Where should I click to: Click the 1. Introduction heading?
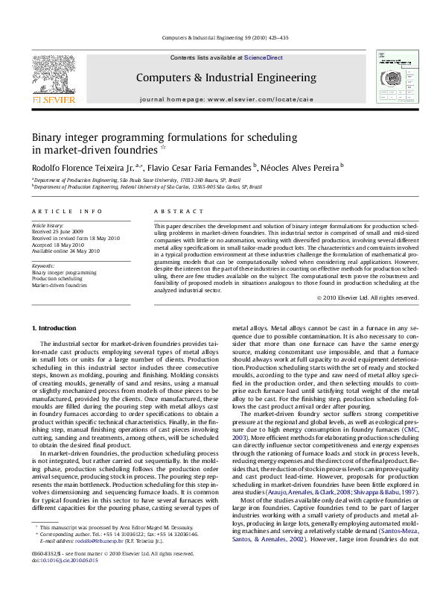point(57,328)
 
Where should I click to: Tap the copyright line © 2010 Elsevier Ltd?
point(367,298)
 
